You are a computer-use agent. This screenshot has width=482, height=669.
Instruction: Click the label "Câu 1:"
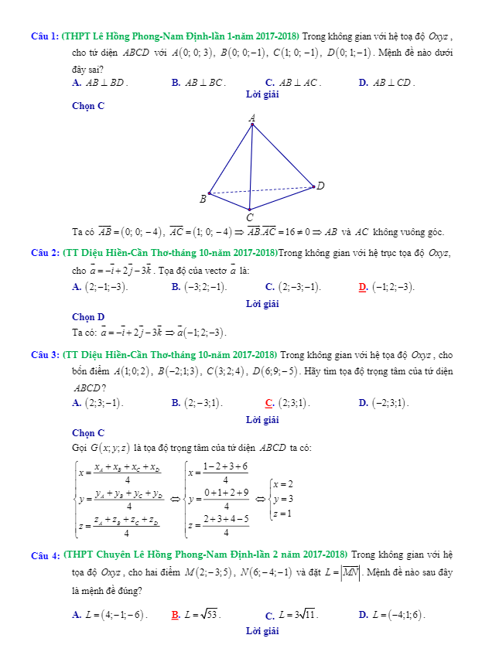tap(45, 36)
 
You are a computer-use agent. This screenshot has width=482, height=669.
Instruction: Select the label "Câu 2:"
tap(45, 253)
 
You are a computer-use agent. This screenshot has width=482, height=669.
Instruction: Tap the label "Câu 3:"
tap(45, 355)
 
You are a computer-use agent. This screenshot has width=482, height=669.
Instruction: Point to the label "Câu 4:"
tap(45, 556)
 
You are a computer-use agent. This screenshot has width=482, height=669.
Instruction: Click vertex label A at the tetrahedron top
tap(252, 118)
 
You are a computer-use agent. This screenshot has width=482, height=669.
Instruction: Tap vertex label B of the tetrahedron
tap(203, 199)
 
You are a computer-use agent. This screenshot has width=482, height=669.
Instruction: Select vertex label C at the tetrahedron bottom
tap(249, 217)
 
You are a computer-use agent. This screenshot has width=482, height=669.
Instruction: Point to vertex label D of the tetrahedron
tap(320, 186)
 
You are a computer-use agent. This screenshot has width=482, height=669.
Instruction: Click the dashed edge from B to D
tap(263, 189)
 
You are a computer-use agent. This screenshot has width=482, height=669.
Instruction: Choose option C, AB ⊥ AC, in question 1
tap(293, 82)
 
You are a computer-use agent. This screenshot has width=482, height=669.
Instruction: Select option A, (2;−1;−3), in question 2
tap(100, 287)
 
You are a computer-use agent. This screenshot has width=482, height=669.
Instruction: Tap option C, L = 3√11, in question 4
tap(292, 616)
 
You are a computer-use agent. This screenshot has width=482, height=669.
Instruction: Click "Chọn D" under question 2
tap(88, 317)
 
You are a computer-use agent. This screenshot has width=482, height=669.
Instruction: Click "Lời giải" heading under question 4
tap(262, 632)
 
